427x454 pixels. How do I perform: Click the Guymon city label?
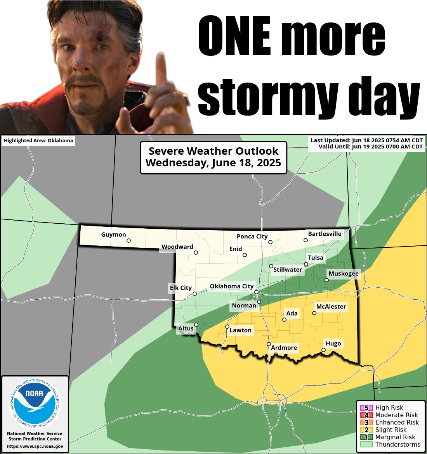(113, 235)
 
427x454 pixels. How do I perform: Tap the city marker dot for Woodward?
(196, 252)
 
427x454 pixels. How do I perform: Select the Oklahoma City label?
(231, 286)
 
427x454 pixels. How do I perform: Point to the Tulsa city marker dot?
(306, 264)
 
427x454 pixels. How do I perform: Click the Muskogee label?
(344, 274)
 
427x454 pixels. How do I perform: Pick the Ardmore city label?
(284, 348)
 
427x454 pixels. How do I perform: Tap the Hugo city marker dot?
(323, 350)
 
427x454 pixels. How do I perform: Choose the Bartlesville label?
(325, 234)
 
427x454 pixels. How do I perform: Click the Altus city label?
(186, 328)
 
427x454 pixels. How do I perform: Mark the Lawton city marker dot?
(227, 326)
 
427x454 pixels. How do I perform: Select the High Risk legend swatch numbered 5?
(366, 408)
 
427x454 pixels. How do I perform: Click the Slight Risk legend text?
(391, 430)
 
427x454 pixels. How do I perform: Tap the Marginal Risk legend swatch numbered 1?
(366, 437)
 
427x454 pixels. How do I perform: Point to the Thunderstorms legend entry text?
(397, 444)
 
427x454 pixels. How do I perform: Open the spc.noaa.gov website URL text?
(35, 446)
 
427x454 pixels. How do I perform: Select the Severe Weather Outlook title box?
(213, 157)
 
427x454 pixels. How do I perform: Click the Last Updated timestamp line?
(366, 140)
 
